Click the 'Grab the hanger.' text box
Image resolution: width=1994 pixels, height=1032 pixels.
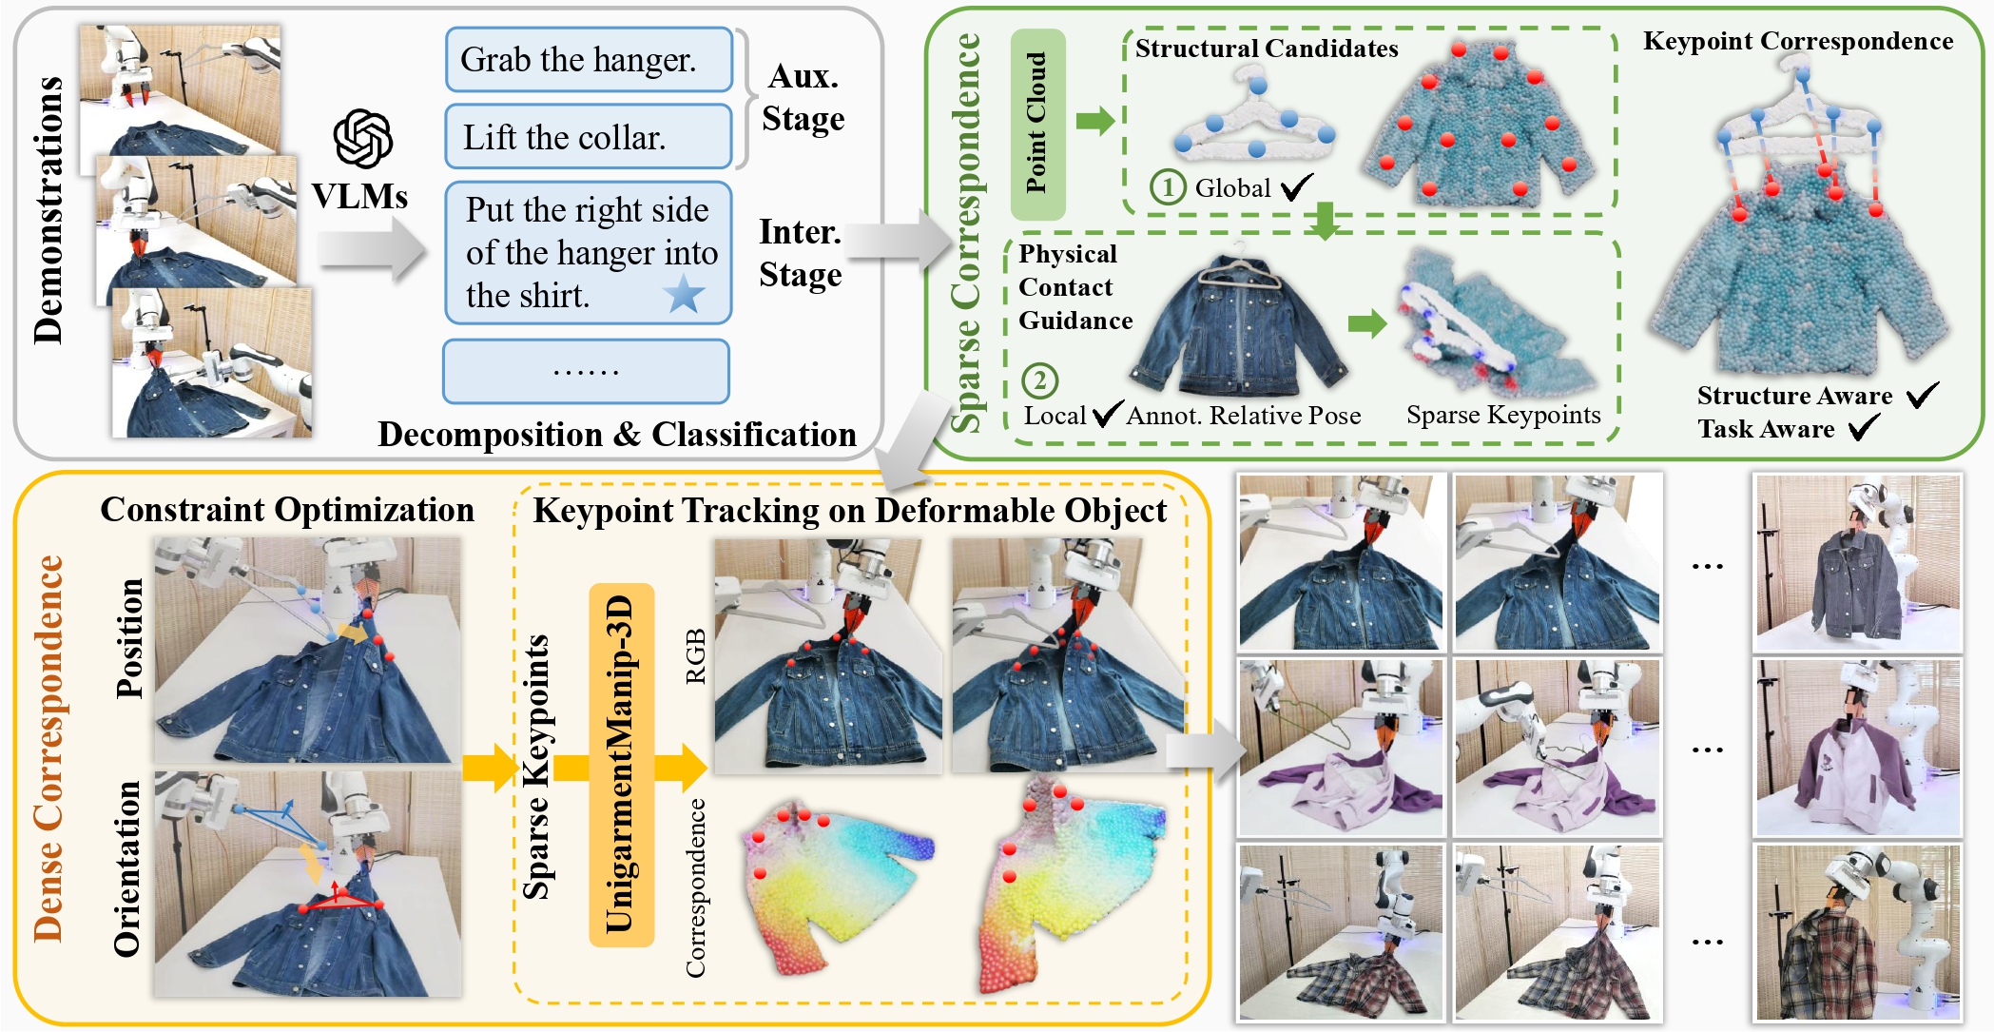[x=589, y=60]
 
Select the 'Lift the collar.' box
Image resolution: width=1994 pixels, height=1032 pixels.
[x=589, y=138]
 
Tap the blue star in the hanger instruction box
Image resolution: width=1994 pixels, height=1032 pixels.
[x=684, y=294]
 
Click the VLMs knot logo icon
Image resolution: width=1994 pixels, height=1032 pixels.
[x=362, y=139]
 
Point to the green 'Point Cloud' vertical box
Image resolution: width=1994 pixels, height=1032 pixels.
[x=1037, y=124]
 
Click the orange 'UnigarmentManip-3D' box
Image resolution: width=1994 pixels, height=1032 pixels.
[x=621, y=764]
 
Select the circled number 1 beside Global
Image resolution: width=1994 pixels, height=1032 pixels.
[x=1168, y=187]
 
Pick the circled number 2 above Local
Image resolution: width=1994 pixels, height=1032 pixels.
[x=1039, y=380]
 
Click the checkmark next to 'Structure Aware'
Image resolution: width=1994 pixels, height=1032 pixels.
[x=1922, y=394]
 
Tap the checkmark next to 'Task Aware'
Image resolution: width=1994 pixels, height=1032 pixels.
[x=1864, y=428]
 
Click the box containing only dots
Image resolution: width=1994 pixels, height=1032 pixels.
[x=586, y=372]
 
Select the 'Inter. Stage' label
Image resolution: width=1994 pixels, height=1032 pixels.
[x=801, y=253]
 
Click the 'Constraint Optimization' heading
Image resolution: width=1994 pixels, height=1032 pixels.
[x=287, y=510]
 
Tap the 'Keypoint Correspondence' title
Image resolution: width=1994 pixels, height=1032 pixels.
[x=1798, y=41]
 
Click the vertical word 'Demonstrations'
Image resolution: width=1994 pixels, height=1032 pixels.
[x=48, y=209]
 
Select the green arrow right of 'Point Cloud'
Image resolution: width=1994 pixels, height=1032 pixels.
[x=1094, y=121]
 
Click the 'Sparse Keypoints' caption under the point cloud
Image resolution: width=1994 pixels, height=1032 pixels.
[x=1503, y=415]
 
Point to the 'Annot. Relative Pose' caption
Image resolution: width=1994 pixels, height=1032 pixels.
[x=1244, y=416]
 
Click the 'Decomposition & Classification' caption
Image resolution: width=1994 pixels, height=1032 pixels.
[x=617, y=435]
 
